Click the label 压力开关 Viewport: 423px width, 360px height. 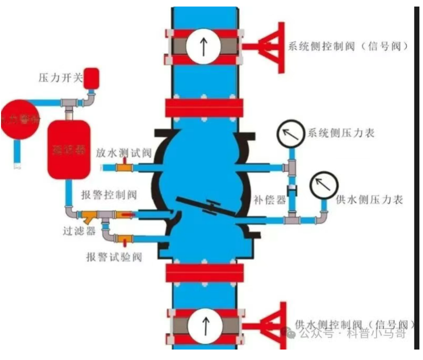[60, 78]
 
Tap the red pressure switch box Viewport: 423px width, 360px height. [91, 78]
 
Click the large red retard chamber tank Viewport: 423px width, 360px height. [69, 149]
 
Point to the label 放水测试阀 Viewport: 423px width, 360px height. [124, 153]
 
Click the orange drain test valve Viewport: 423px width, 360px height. [124, 168]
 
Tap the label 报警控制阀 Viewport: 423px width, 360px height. [109, 195]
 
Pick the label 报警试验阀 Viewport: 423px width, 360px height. [114, 257]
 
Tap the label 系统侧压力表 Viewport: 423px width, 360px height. [341, 133]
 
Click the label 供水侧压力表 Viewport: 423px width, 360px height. [369, 199]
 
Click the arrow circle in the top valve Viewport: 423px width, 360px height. [204, 46]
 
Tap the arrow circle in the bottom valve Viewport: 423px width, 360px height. [206, 325]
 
